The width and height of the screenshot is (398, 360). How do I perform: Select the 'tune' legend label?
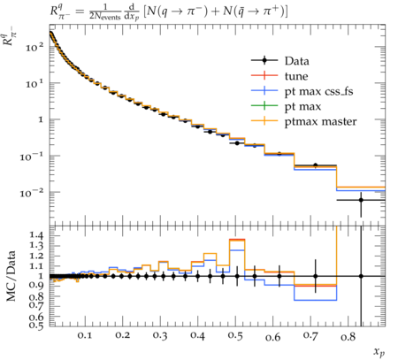(296, 76)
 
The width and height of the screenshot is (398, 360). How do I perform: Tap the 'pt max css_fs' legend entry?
(318, 92)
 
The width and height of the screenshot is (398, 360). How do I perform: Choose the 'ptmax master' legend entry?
(320, 122)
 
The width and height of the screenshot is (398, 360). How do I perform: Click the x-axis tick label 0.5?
(235, 336)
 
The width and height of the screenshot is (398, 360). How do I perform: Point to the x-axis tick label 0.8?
(348, 336)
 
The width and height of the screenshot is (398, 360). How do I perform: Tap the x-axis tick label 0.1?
(85, 336)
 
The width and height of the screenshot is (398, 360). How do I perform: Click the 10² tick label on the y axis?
(34, 47)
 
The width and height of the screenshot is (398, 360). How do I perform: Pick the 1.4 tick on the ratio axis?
(36, 235)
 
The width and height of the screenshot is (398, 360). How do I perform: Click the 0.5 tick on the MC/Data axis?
(36, 326)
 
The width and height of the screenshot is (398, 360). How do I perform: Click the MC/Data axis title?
(11, 276)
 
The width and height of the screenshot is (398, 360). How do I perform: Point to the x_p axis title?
(379, 352)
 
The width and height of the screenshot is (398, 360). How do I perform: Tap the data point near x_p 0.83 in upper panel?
(361, 200)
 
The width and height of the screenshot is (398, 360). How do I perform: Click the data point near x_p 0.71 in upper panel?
(316, 165)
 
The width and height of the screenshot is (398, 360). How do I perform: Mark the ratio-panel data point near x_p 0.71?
(316, 276)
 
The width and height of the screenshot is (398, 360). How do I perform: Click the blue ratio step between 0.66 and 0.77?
(316, 300)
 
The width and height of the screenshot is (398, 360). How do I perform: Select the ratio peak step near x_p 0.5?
(237, 240)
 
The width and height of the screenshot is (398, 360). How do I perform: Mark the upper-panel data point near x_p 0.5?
(237, 143)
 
